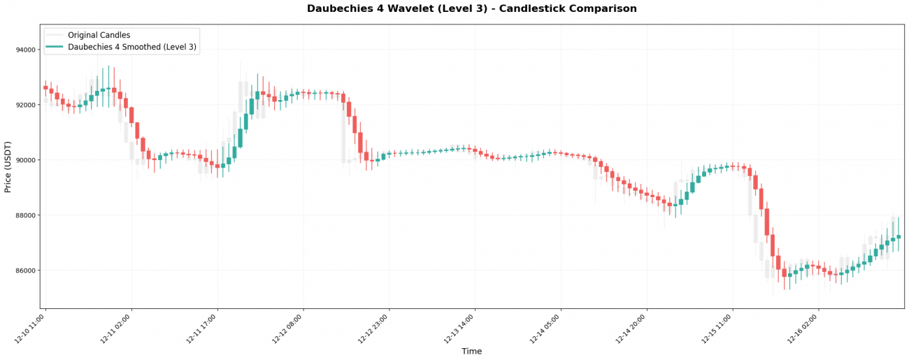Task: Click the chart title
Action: (x=472, y=9)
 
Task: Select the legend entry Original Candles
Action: (x=99, y=35)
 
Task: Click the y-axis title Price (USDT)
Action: (x=8, y=166)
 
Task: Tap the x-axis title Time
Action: (x=472, y=352)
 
